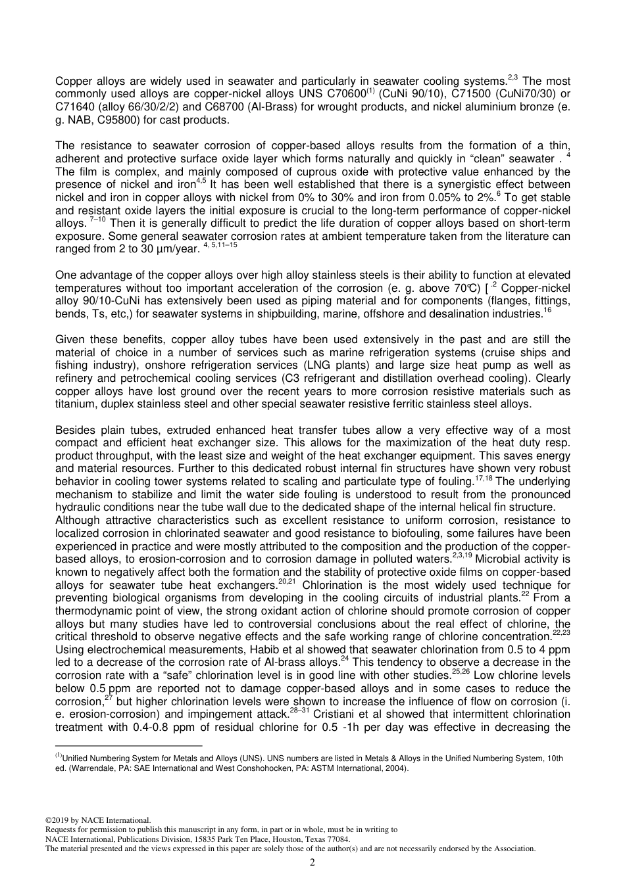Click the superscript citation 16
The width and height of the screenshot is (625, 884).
click(x=547, y=311)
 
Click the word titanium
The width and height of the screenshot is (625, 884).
click(x=76, y=404)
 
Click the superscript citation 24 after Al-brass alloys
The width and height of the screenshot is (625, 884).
click(x=345, y=659)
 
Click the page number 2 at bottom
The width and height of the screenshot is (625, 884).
click(x=312, y=862)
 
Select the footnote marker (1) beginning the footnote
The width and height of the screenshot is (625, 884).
click(x=59, y=756)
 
